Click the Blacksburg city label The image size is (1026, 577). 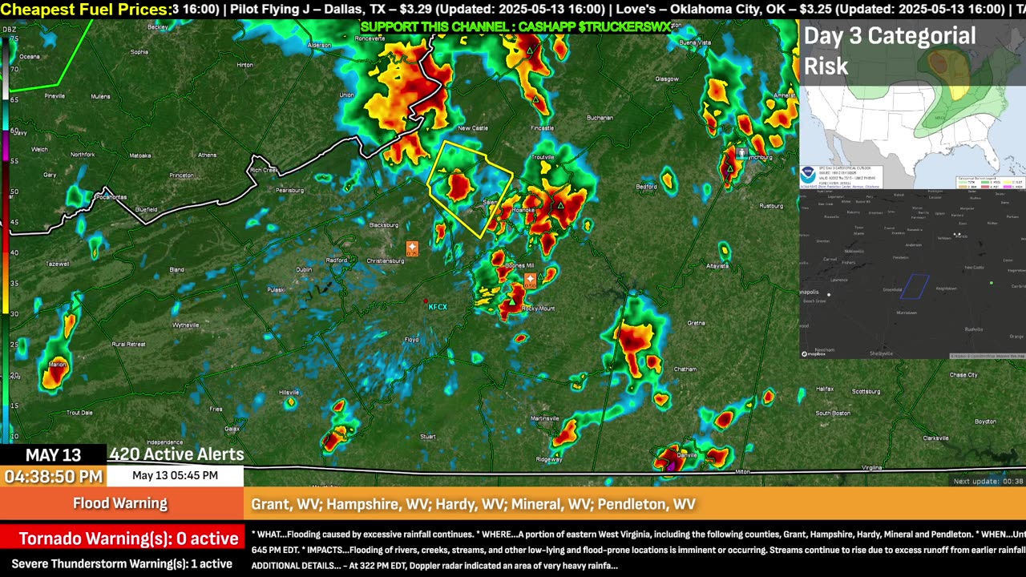pos(383,225)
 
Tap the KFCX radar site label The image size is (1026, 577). pos(438,307)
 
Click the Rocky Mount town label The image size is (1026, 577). pos(538,309)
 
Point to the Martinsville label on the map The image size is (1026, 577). pos(544,418)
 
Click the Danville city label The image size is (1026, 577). pos(686,454)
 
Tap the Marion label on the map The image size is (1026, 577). pos(57,365)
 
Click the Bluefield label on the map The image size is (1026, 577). pos(146,210)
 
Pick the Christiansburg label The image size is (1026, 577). pos(385,260)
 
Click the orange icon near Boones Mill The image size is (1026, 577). pos(530,280)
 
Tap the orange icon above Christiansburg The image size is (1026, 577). pos(412,248)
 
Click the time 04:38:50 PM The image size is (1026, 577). pos(54,477)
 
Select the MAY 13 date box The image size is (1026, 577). pos(54,455)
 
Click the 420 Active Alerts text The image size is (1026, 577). pos(176,454)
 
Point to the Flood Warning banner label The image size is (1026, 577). pos(120,503)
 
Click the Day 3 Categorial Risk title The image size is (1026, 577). pos(890,50)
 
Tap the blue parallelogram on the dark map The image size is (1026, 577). pos(915,286)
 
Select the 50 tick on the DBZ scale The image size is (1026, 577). pos(14,192)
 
